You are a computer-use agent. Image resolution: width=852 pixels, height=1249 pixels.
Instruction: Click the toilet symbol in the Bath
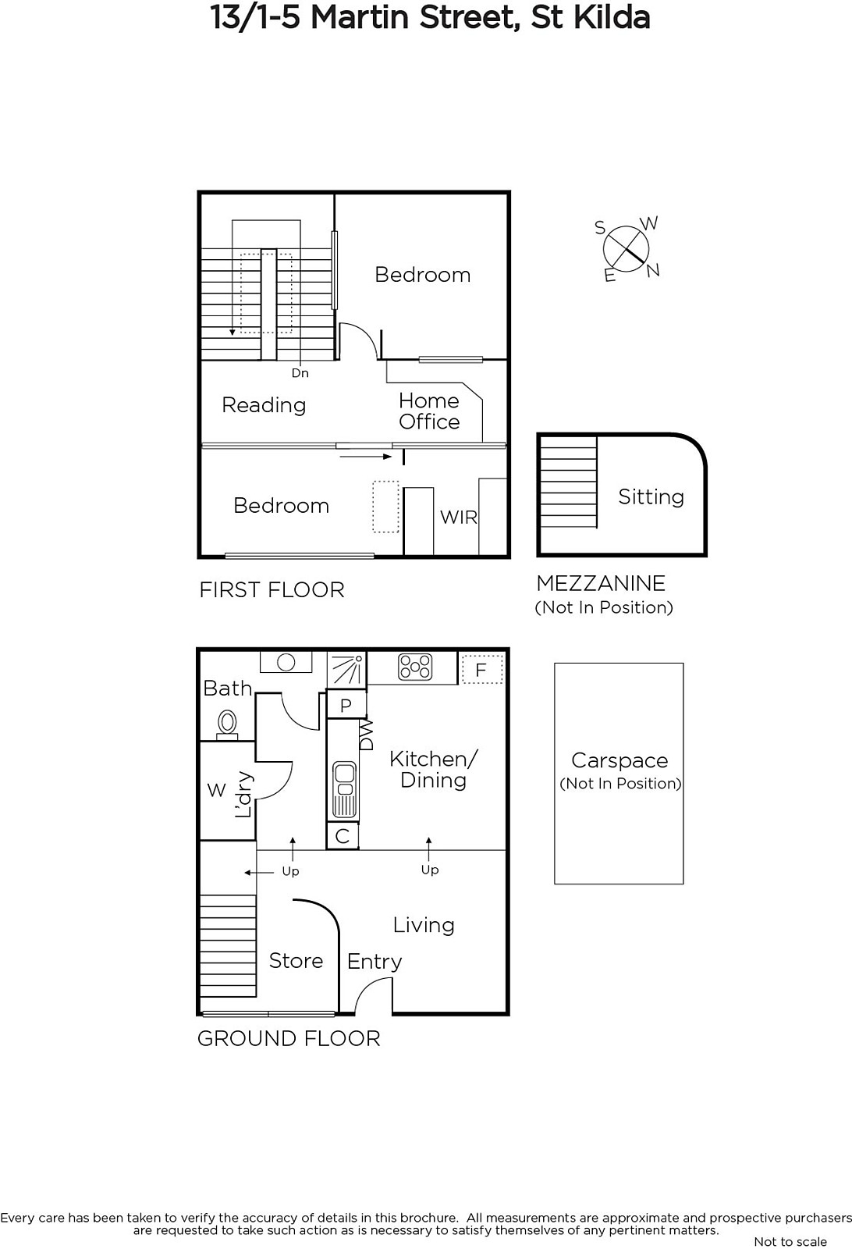tap(227, 724)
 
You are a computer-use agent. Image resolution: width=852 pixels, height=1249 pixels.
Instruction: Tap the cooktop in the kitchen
tap(415, 667)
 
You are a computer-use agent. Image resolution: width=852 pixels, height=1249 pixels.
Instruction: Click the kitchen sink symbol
tap(345, 789)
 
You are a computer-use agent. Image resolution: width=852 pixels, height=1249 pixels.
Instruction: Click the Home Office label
tap(429, 411)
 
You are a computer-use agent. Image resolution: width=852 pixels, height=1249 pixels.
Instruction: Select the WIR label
tap(459, 517)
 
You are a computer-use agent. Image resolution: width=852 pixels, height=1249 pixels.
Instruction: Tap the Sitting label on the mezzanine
tap(651, 496)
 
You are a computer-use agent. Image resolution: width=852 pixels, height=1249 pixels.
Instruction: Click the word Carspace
tap(619, 760)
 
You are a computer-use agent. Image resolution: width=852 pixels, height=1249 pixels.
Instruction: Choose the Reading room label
tap(264, 405)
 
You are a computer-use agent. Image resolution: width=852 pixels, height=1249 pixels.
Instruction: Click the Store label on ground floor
tap(296, 960)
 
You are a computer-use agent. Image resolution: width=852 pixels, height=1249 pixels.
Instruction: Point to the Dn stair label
tap(300, 373)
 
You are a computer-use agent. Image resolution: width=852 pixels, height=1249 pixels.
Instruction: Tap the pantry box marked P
tap(346, 705)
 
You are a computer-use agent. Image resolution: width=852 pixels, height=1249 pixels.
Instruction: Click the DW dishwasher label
tap(366, 735)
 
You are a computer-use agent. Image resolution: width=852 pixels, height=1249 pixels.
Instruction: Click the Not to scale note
tap(790, 1242)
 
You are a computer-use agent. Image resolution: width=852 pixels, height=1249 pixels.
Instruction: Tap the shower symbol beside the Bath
tap(346, 669)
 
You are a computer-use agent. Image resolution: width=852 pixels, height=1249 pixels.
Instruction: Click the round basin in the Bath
tap(286, 663)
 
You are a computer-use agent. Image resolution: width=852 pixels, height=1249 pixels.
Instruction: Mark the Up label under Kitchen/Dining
tap(430, 870)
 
